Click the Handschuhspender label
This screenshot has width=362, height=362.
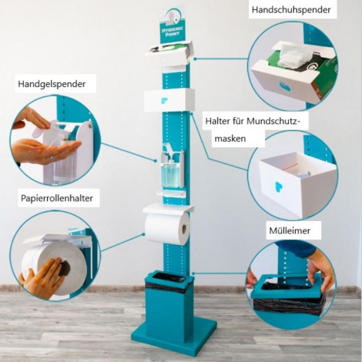tap(291, 10)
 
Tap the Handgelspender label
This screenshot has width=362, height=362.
tap(52, 84)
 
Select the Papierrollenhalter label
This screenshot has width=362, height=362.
tap(57, 198)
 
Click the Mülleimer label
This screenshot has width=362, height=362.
tap(290, 230)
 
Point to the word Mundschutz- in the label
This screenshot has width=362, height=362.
tap(273, 121)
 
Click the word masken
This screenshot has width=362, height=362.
tap(230, 139)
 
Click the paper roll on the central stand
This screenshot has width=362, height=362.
tap(167, 228)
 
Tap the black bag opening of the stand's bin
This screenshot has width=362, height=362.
tap(169, 277)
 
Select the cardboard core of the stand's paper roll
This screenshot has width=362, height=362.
tap(184, 230)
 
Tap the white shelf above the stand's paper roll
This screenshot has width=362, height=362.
tap(168, 208)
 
